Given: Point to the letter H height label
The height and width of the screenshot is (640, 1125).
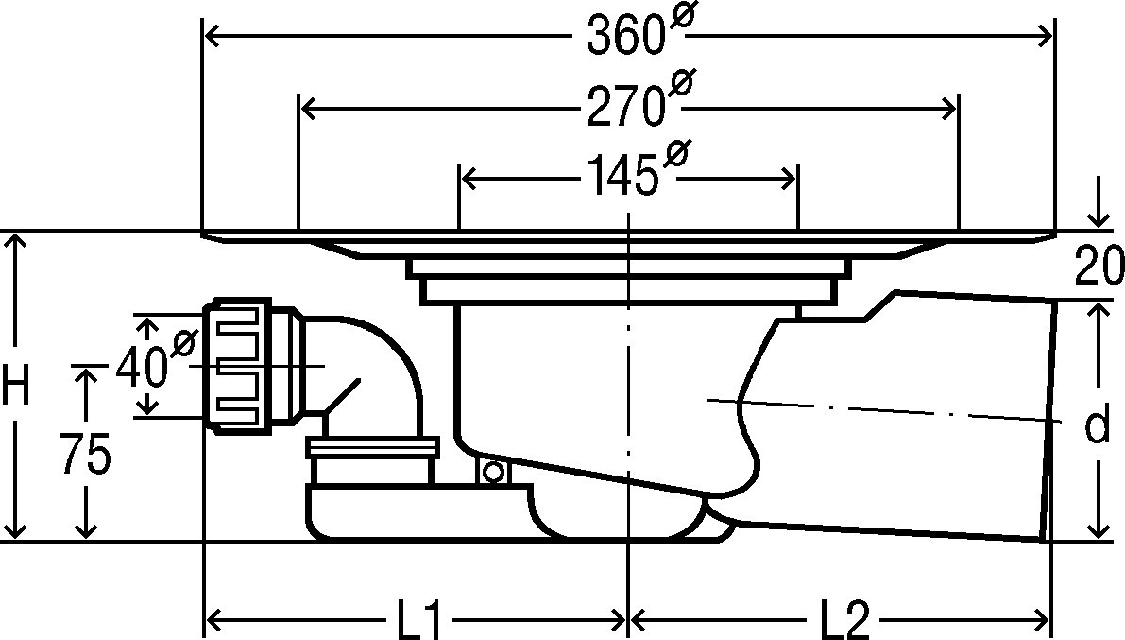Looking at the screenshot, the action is [x=15, y=385].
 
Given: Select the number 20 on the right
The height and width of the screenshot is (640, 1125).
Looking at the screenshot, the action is [x=1099, y=265].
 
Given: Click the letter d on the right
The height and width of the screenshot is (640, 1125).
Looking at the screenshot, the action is [x=1096, y=425].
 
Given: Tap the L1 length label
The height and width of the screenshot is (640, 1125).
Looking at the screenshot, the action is [x=417, y=617].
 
